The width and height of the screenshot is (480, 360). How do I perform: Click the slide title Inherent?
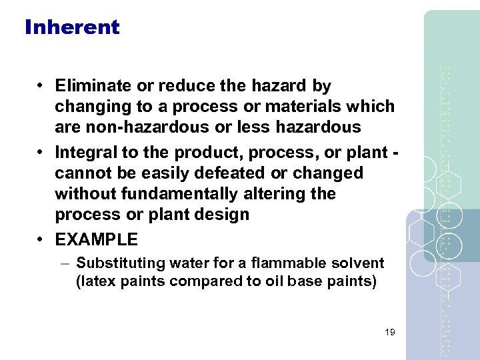[72, 27]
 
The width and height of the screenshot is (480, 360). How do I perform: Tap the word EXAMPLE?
[96, 239]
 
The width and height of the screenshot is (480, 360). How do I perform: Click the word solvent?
[362, 264]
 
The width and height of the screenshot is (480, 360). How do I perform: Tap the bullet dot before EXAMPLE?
[41, 239]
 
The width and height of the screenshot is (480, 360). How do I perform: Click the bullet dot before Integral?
[41, 153]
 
